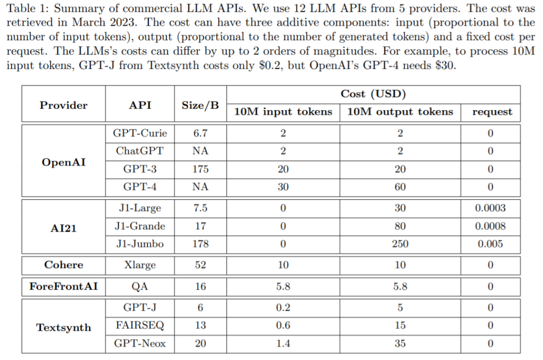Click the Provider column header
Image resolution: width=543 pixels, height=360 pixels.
point(63,105)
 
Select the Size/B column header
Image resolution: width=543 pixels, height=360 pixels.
point(200,105)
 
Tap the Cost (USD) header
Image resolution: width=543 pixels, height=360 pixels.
point(374,94)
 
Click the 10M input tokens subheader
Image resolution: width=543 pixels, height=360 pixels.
point(283,112)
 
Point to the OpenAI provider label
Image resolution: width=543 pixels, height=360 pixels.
point(63,162)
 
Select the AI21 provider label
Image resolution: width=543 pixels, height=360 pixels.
point(63,228)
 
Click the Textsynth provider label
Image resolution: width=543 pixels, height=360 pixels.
point(63,327)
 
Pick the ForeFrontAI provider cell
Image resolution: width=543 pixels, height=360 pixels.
point(63,287)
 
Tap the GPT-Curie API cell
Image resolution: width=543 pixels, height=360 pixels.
point(140,133)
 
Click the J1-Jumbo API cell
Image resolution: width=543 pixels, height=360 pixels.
point(140,244)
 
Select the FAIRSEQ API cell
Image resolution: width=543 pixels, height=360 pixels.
point(140,325)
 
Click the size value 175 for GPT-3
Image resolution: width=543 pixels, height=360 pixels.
point(200,169)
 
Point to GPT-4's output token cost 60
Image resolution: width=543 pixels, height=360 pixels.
point(400,187)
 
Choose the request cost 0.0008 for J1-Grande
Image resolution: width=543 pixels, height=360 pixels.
point(490,226)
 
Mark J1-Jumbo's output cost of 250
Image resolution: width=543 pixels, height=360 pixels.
point(400,244)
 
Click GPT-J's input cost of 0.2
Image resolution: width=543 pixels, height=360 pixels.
point(283,307)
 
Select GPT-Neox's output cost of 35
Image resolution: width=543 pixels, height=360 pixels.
point(400,343)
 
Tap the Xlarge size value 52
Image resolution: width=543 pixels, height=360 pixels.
point(200,265)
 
